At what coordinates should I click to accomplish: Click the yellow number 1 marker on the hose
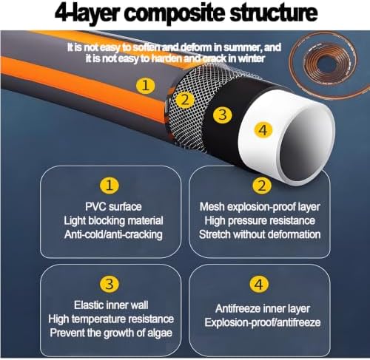pyautogui.click(x=146, y=86)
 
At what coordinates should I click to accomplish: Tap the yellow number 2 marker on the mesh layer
pyautogui.click(x=185, y=100)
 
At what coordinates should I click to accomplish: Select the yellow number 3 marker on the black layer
pyautogui.click(x=223, y=115)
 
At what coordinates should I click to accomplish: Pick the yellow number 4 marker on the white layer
pyautogui.click(x=263, y=130)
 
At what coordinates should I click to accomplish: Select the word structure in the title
pyautogui.click(x=273, y=13)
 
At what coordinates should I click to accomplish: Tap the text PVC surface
pyautogui.click(x=113, y=206)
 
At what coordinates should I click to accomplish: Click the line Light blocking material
pyautogui.click(x=113, y=220)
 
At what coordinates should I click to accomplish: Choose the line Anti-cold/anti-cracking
pyautogui.click(x=113, y=234)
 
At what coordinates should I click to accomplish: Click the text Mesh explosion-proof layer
pyautogui.click(x=260, y=207)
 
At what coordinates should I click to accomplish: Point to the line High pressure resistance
pyautogui.click(x=260, y=220)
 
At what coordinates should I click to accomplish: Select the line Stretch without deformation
pyautogui.click(x=260, y=234)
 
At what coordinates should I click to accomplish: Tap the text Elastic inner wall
pyautogui.click(x=111, y=305)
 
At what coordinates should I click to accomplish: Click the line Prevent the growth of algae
pyautogui.click(x=111, y=333)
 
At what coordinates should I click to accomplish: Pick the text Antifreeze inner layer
pyautogui.click(x=263, y=309)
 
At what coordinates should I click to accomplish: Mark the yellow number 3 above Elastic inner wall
pyautogui.click(x=110, y=284)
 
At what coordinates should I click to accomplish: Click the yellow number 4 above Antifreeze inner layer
pyautogui.click(x=259, y=285)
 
